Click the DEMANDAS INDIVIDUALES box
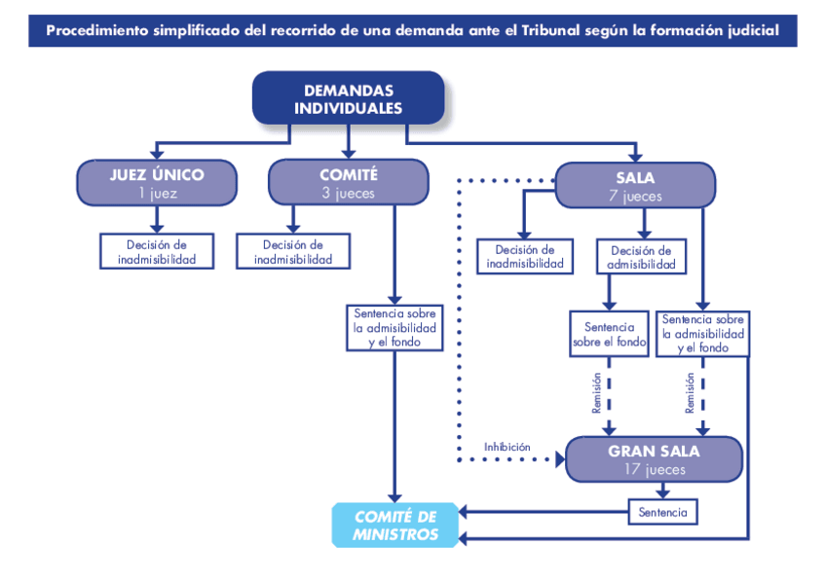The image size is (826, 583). (348, 99)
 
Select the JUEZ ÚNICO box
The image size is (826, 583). (157, 183)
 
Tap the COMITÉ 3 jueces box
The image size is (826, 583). (348, 183)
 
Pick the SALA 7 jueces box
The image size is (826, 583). (635, 185)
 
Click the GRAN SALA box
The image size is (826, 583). (654, 459)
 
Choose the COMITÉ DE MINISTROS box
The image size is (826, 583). (395, 526)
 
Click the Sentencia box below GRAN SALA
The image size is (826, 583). (662, 512)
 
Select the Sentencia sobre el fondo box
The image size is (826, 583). (609, 334)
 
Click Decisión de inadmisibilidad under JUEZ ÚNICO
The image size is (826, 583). (157, 252)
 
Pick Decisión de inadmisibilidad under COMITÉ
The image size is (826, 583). (293, 252)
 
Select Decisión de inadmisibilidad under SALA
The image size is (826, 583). (524, 257)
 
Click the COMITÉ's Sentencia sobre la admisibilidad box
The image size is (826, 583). (394, 328)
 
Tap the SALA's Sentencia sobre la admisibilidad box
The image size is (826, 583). (702, 333)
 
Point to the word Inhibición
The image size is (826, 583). (507, 447)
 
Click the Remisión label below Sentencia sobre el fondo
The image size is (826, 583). (597, 394)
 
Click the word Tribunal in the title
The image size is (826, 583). (549, 30)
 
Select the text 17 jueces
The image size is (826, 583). (654, 470)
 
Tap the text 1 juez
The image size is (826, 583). (157, 193)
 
